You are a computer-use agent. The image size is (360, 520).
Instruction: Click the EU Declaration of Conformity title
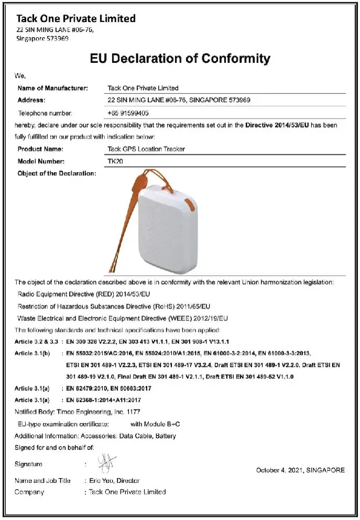click(180, 58)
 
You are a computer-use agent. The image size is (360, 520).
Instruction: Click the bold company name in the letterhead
click(76, 18)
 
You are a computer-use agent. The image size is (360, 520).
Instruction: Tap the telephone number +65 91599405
click(128, 113)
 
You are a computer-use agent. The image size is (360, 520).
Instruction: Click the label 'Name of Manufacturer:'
click(52, 88)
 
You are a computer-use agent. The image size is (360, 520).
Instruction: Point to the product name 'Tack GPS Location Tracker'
click(146, 149)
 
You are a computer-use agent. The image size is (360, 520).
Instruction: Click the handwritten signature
click(106, 463)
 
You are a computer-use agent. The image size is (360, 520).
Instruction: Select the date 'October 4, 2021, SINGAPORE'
click(300, 470)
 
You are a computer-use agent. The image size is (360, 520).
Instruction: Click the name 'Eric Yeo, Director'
click(114, 481)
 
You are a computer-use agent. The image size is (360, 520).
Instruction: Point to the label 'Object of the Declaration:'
click(57, 174)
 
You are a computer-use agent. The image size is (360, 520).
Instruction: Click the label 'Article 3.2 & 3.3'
click(37, 341)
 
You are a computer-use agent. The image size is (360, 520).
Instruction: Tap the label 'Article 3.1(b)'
click(32, 354)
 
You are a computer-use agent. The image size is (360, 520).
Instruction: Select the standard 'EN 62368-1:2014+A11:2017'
click(103, 400)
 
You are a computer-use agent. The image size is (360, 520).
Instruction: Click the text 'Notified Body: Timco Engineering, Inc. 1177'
click(78, 412)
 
